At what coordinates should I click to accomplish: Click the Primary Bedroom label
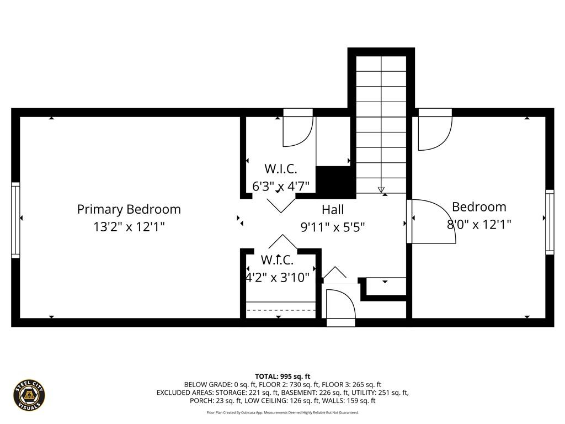tap(129, 209)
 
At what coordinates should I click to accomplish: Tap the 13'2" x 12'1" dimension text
tap(129, 226)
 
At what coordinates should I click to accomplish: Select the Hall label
tap(333, 210)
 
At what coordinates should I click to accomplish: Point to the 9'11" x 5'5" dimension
tap(333, 226)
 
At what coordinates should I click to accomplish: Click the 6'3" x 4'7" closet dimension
tap(281, 186)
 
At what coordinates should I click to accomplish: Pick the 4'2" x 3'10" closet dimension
tap(278, 277)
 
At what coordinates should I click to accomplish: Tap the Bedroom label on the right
tap(479, 207)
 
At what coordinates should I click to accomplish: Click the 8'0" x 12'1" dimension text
tap(479, 225)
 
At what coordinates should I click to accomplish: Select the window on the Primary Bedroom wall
tap(15, 220)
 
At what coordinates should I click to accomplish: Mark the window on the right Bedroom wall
tap(550, 221)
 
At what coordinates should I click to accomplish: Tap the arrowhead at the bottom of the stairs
tap(381, 190)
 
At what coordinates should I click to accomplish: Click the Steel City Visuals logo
tap(29, 395)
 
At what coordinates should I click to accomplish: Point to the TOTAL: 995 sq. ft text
tap(282, 376)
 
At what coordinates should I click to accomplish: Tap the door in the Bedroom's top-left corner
tap(434, 130)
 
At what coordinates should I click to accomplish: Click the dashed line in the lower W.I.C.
tap(280, 310)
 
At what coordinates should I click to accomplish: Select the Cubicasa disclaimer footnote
tap(282, 412)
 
